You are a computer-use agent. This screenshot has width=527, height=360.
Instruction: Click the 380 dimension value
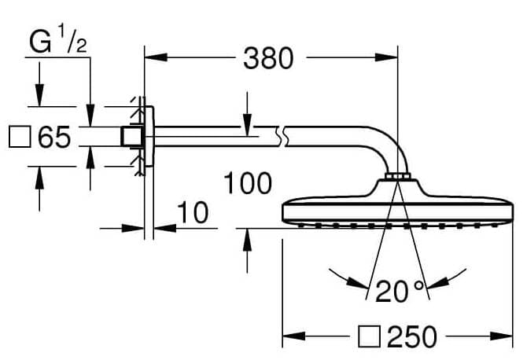(267, 57)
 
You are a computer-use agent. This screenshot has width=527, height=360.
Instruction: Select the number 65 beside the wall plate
(54, 138)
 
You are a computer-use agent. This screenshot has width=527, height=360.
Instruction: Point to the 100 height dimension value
(247, 183)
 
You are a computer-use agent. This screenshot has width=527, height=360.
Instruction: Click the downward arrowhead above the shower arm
(247, 119)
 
